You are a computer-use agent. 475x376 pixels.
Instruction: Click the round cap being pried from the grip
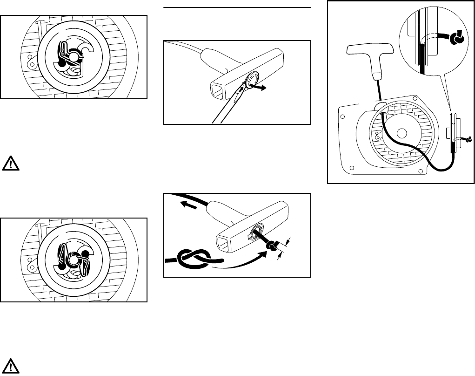254,80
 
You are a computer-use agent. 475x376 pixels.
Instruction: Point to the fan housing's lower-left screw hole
352,167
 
